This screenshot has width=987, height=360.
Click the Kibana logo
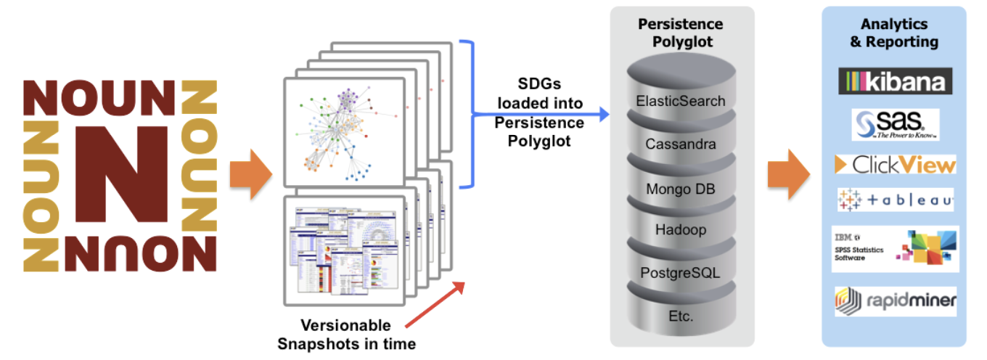[895, 81]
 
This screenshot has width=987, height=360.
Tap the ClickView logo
[895, 165]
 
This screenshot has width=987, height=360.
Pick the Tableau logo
[895, 199]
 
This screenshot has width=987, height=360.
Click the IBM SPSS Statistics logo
[895, 248]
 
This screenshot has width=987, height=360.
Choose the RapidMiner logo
[895, 300]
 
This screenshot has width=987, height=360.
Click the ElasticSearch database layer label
[680, 101]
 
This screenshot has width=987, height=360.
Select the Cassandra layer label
[680, 144]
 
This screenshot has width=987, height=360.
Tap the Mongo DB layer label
[680, 189]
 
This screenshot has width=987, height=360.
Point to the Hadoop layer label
[680, 231]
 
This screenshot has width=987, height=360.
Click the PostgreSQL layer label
[680, 274]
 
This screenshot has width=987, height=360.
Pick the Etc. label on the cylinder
[680, 316]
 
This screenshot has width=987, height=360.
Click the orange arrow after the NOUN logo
[250, 175]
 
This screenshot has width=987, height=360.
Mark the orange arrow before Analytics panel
[788, 175]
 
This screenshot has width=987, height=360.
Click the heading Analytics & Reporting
[894, 33]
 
